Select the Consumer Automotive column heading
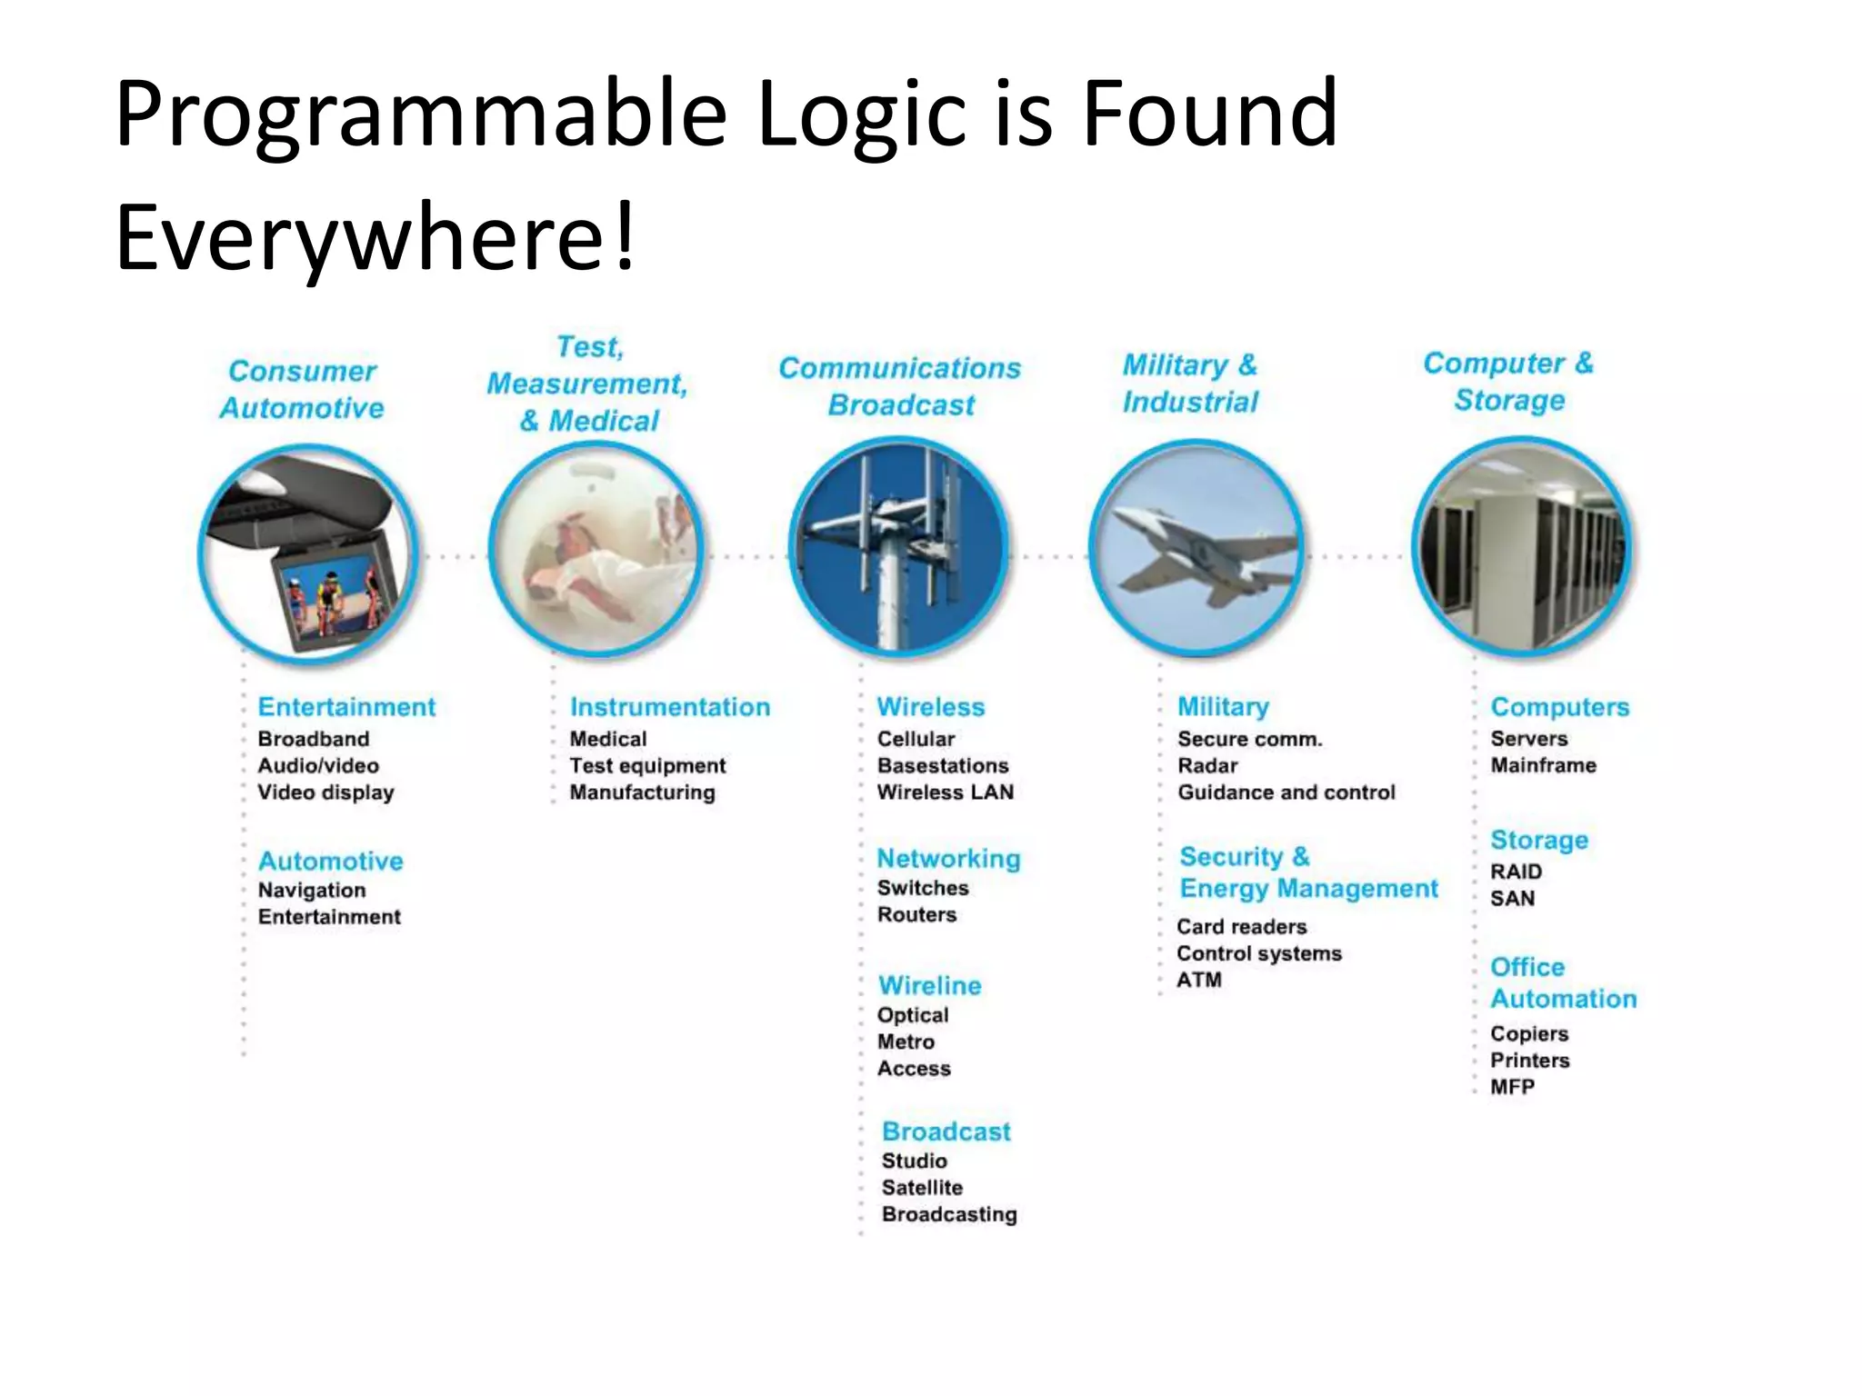click(x=302, y=389)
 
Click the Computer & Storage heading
click(x=1508, y=381)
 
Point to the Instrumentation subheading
click(x=669, y=706)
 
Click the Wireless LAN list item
click(x=945, y=792)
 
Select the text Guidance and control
click(x=1286, y=792)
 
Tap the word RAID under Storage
click(x=1516, y=871)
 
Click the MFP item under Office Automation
click(x=1512, y=1086)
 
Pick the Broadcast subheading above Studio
click(x=946, y=1131)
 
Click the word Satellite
click(x=922, y=1187)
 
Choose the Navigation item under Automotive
click(x=312, y=890)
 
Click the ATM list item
click(x=1198, y=980)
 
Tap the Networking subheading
click(x=948, y=858)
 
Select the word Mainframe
click(x=1543, y=764)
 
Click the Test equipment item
click(x=647, y=765)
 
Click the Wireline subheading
click(x=929, y=985)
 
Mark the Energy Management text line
click(x=1308, y=888)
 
